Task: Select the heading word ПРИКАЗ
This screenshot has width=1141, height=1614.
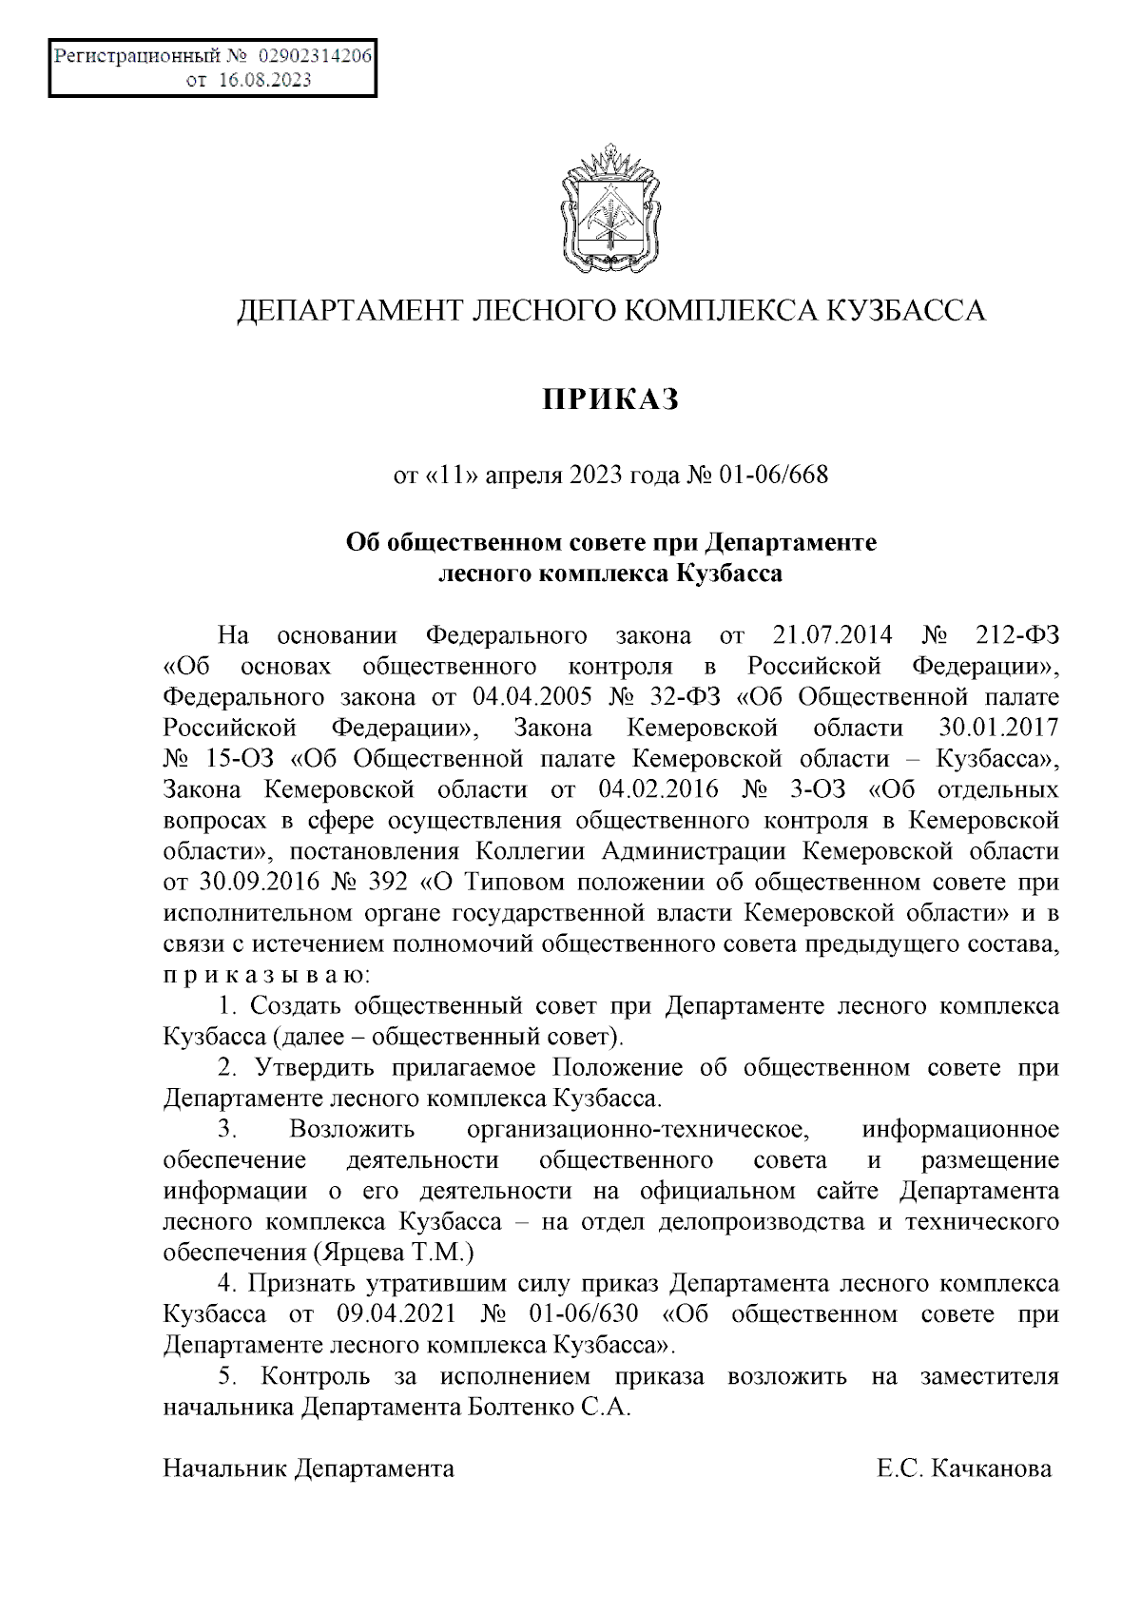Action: pos(610,399)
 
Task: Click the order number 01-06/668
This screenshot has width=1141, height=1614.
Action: pos(773,474)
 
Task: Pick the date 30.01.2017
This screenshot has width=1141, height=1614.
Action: pos(997,729)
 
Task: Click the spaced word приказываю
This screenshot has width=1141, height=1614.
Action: pos(270,976)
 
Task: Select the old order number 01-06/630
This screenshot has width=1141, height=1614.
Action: pos(579,1314)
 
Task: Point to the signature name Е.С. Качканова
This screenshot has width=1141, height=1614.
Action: pos(964,1468)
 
